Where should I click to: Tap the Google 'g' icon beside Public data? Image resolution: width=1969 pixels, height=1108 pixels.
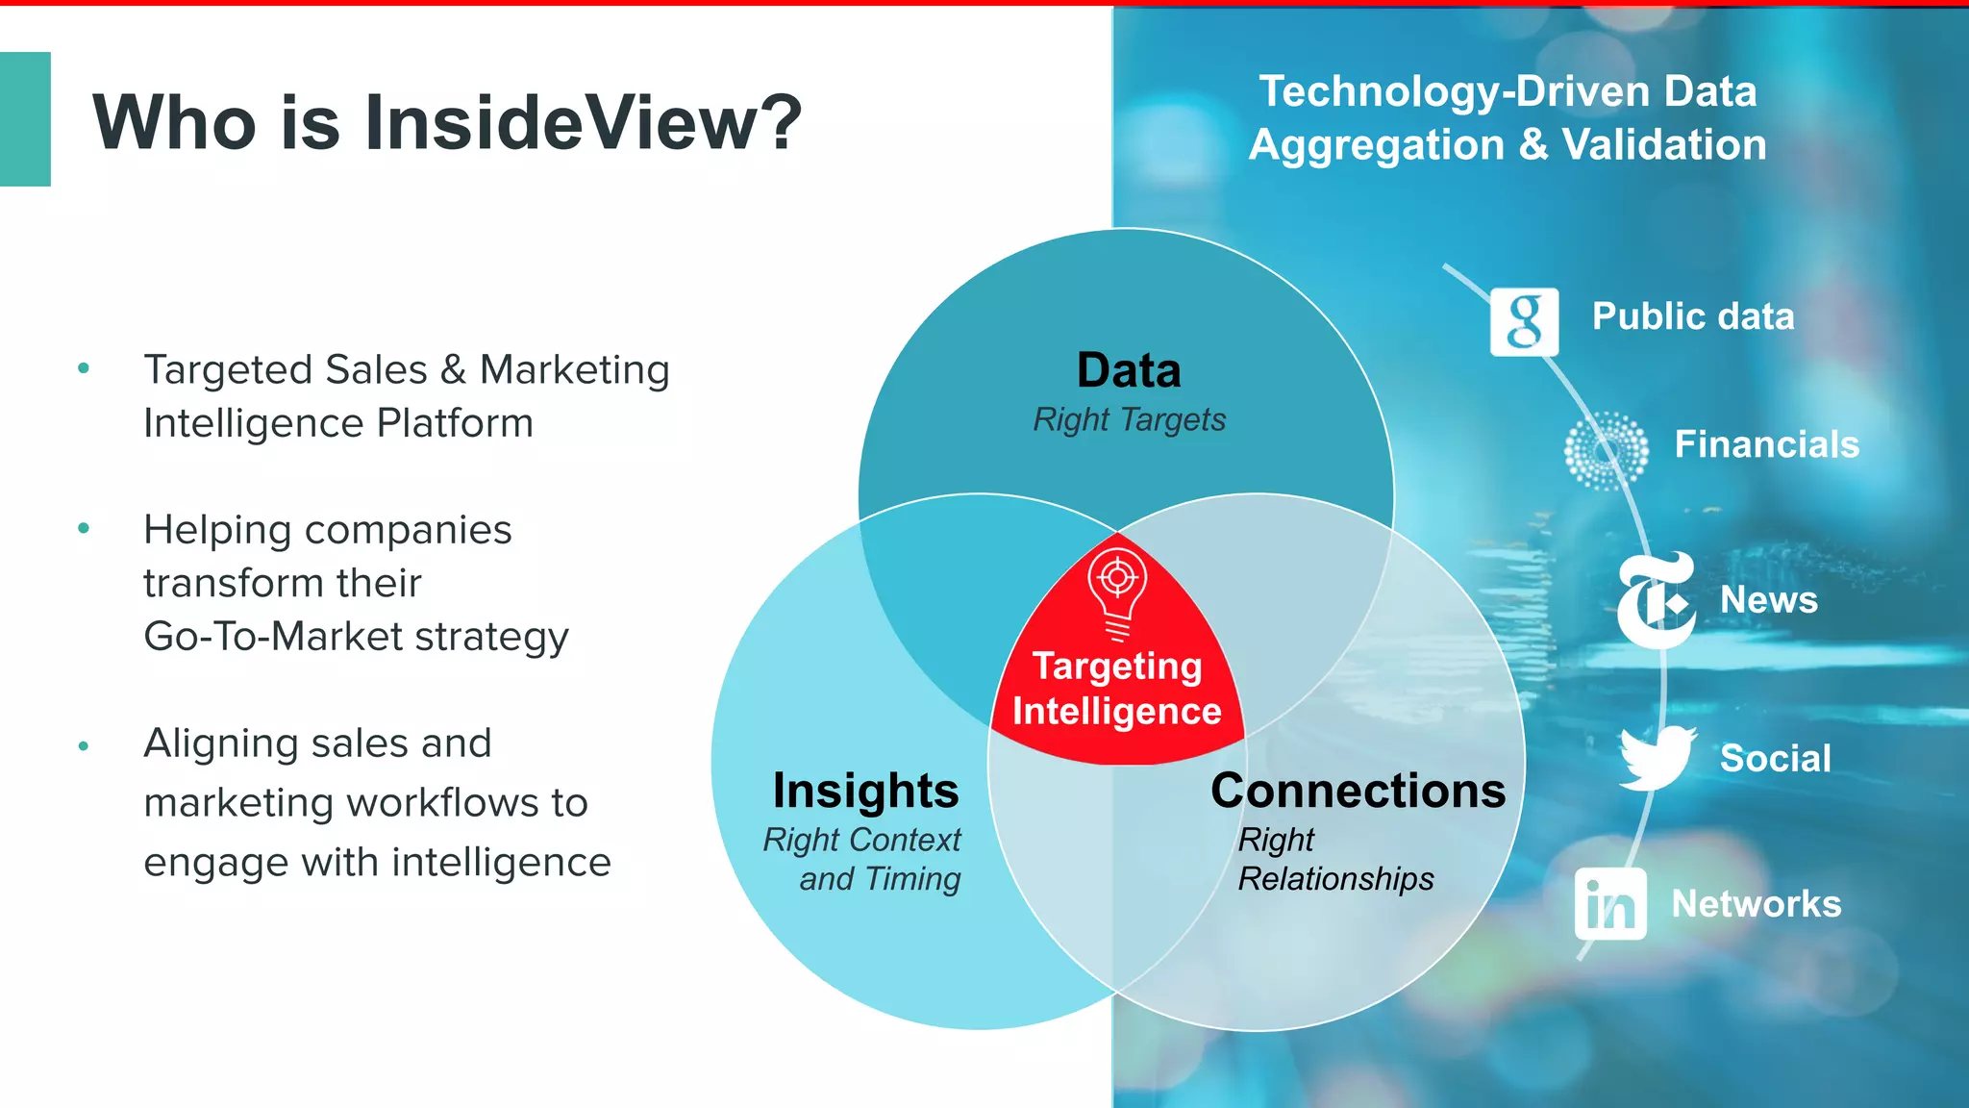pyautogui.click(x=1524, y=321)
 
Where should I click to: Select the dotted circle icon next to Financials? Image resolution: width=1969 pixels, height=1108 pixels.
pyautogui.click(x=1606, y=450)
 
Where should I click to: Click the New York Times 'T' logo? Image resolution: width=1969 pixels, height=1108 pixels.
pyautogui.click(x=1656, y=600)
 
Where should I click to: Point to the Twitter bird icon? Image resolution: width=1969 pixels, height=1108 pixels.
pyautogui.click(x=1657, y=758)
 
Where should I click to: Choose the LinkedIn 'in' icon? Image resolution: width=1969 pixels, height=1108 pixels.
pyautogui.click(x=1610, y=904)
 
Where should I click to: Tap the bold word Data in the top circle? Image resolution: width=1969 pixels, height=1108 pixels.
pyautogui.click(x=1129, y=370)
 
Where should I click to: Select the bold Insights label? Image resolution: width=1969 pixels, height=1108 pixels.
pyautogui.click(x=865, y=791)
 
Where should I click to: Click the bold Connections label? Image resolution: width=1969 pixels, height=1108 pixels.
pyautogui.click(x=1358, y=791)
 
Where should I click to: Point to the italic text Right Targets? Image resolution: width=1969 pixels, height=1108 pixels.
pyautogui.click(x=1129, y=419)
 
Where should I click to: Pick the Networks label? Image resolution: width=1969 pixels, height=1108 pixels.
pyautogui.click(x=1757, y=904)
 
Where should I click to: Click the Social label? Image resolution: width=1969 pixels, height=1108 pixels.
pyautogui.click(x=1775, y=758)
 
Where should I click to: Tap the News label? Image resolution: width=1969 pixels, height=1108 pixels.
pyautogui.click(x=1769, y=600)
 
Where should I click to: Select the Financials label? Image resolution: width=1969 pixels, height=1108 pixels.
pyautogui.click(x=1767, y=444)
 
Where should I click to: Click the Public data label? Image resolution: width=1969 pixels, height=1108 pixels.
pyautogui.click(x=1693, y=316)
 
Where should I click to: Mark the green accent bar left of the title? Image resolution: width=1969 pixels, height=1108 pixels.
pyautogui.click(x=25, y=119)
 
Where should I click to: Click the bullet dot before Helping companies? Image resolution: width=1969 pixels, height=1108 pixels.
pyautogui.click(x=84, y=528)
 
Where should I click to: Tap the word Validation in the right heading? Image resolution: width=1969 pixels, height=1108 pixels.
pyautogui.click(x=1663, y=145)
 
